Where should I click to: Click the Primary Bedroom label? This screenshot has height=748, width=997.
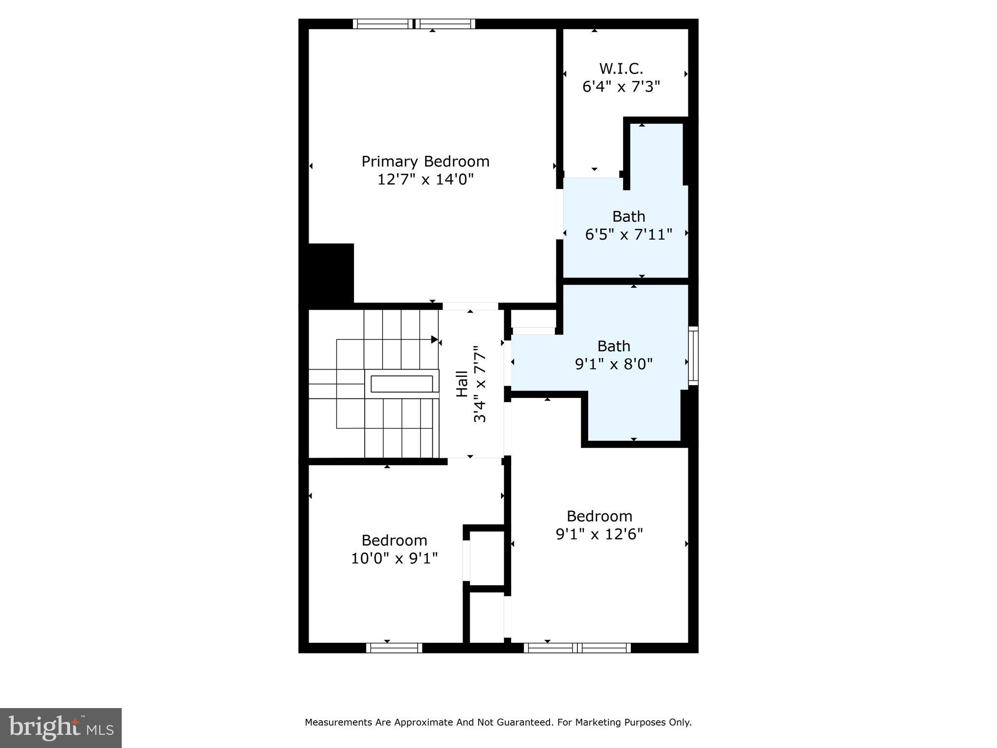pyautogui.click(x=425, y=162)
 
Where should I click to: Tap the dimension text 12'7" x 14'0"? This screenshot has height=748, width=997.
pyautogui.click(x=425, y=180)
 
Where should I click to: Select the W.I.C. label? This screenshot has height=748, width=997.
pyautogui.click(x=621, y=68)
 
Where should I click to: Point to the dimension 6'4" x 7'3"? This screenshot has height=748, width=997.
pyautogui.click(x=621, y=87)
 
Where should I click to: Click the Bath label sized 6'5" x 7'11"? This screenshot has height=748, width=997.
pyautogui.click(x=628, y=216)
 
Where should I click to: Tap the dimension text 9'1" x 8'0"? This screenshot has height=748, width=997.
pyautogui.click(x=613, y=364)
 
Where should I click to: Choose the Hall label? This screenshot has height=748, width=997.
pyautogui.click(x=462, y=384)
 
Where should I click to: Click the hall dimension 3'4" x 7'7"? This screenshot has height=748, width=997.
pyautogui.click(x=480, y=384)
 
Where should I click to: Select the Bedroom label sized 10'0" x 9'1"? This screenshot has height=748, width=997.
pyautogui.click(x=394, y=540)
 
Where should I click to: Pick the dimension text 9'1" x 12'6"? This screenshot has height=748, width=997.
pyautogui.click(x=599, y=534)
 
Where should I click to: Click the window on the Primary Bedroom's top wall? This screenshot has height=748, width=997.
pyautogui.click(x=414, y=24)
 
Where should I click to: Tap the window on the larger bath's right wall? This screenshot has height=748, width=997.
pyautogui.click(x=693, y=355)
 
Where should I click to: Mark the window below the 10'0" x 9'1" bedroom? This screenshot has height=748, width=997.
pyautogui.click(x=394, y=648)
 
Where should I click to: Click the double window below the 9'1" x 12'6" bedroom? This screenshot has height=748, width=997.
pyautogui.click(x=577, y=648)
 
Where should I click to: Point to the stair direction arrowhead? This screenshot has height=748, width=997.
pyautogui.click(x=434, y=339)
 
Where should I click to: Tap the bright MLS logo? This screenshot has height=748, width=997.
pyautogui.click(x=61, y=728)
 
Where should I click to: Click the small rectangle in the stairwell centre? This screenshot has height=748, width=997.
pyautogui.click(x=402, y=384)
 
